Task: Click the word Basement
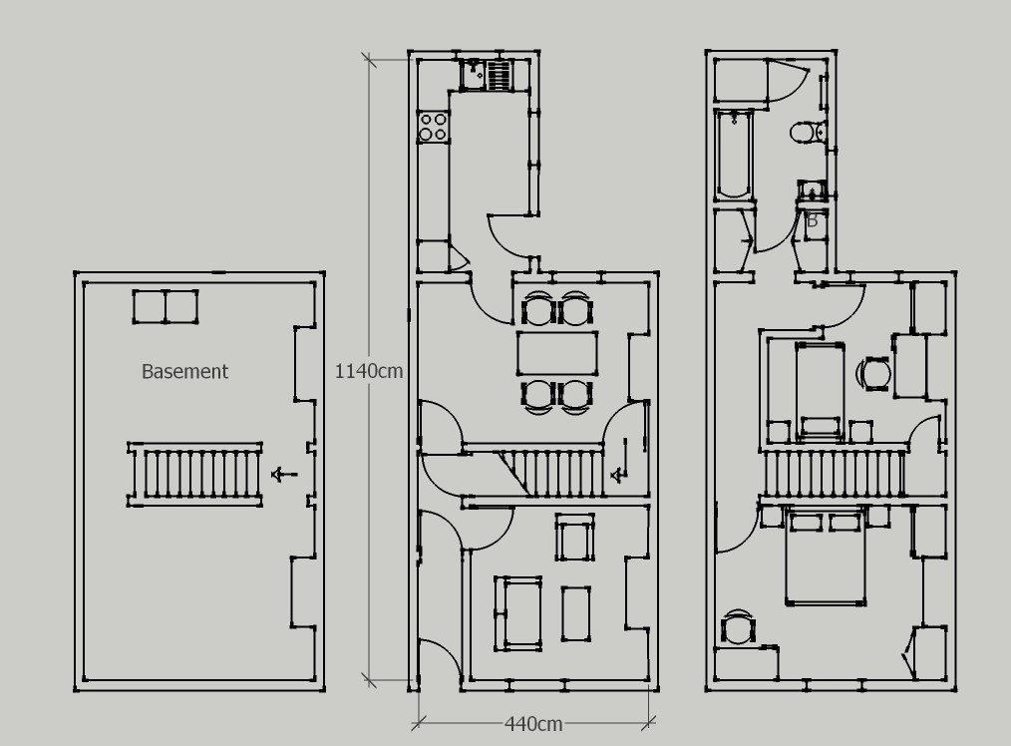(x=184, y=371)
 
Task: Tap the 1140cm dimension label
(x=368, y=370)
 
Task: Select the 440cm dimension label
(x=533, y=723)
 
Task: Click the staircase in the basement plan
(x=196, y=475)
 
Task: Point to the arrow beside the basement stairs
(x=285, y=475)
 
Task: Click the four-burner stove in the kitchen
(x=433, y=127)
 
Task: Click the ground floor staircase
(x=553, y=473)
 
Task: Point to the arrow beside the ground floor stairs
(x=619, y=473)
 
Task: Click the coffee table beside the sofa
(x=576, y=613)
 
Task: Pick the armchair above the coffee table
(x=575, y=540)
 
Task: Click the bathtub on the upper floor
(x=734, y=155)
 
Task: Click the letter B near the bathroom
(x=812, y=220)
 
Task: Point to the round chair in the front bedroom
(x=738, y=628)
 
